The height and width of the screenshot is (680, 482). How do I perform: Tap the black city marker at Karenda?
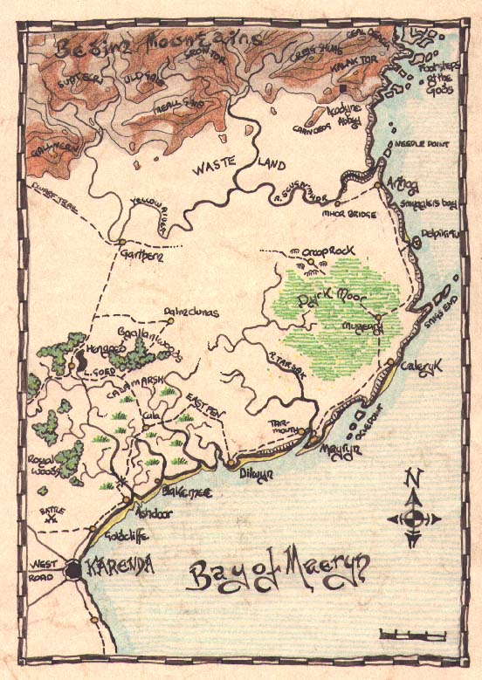74,570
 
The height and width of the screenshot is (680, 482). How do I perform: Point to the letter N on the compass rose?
414,477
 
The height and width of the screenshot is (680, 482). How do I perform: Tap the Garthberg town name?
141,254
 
